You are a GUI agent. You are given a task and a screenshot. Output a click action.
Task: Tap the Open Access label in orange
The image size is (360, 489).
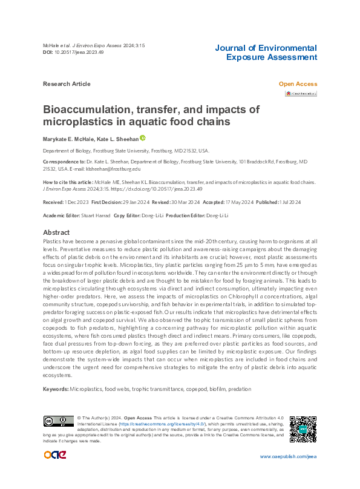(x=297, y=84)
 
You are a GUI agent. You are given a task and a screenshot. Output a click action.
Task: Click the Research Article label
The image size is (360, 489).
(x=67, y=84)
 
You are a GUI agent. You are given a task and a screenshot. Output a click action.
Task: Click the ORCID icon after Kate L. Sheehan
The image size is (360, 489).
(x=143, y=139)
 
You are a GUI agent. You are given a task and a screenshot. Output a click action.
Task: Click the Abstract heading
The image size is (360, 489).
(x=56, y=232)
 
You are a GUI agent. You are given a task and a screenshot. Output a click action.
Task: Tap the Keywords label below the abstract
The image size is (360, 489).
(x=56, y=388)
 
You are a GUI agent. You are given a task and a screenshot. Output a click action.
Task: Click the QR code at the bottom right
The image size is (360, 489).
(x=302, y=428)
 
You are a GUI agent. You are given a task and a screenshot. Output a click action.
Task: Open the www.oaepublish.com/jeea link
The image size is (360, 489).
(x=288, y=456)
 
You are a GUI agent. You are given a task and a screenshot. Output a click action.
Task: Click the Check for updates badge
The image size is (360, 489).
(x=301, y=94)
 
